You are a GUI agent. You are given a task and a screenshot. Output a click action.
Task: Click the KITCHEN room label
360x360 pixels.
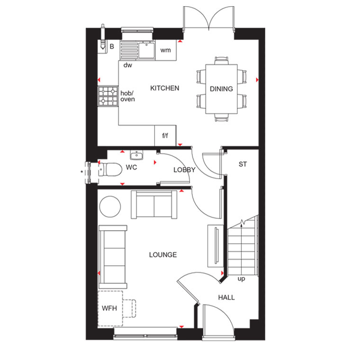point(165,88)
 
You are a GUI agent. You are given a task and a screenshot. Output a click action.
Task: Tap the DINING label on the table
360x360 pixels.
point(221,89)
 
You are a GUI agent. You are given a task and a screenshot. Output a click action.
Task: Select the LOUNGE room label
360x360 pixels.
point(163,255)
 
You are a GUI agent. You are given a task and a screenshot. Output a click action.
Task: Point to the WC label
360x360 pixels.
point(131,167)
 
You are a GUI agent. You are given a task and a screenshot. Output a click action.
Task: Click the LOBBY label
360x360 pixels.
point(184,170)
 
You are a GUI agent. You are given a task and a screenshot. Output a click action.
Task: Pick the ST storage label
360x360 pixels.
point(243,164)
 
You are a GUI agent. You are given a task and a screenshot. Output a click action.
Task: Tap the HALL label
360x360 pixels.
point(226,297)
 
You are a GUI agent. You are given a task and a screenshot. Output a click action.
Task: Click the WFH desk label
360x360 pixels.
point(109,308)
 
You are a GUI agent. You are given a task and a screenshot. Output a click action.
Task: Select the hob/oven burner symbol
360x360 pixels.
point(108,96)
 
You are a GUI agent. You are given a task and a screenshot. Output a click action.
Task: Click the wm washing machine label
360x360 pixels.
point(165,50)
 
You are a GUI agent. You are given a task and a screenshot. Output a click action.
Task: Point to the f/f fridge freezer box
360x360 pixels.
point(165,135)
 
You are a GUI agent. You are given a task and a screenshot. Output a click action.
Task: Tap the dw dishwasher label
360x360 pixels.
point(127,65)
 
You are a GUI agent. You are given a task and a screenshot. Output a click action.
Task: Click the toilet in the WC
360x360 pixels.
point(110,170)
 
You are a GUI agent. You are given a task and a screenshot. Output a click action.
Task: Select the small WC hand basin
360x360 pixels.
point(136,155)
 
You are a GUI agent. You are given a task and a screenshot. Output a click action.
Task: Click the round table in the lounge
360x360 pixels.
point(110,207)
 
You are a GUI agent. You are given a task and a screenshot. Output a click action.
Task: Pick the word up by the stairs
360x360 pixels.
point(241,279)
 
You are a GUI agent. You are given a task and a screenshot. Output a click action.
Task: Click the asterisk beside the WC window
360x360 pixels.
point(82,172)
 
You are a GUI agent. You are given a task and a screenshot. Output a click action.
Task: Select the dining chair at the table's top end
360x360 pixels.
point(222,61)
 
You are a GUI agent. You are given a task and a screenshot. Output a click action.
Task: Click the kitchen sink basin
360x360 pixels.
point(146,50)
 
